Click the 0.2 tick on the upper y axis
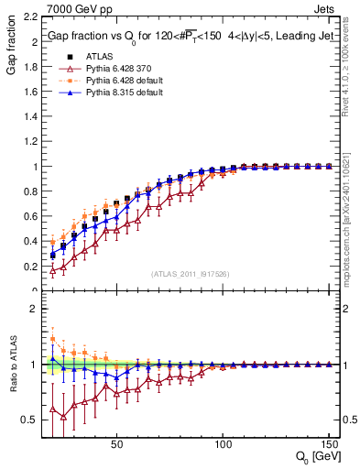(27, 267)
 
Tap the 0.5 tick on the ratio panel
(27, 420)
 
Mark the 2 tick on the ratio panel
(31, 309)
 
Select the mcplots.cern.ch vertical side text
(353, 229)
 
